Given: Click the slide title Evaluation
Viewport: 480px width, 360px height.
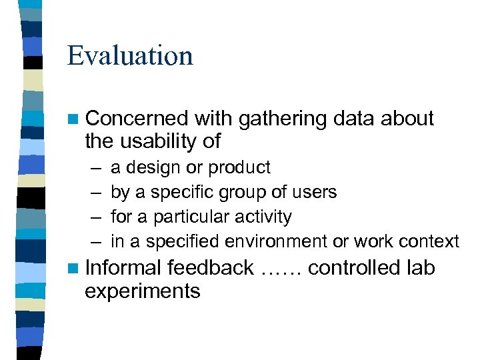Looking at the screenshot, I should coord(130,55).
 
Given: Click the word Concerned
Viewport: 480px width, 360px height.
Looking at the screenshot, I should coord(137,119).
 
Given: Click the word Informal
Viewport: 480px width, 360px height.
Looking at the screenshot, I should coord(124,268).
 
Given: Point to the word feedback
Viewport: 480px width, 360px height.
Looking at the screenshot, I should coord(211,268).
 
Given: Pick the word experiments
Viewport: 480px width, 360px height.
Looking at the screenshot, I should coord(143,291).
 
